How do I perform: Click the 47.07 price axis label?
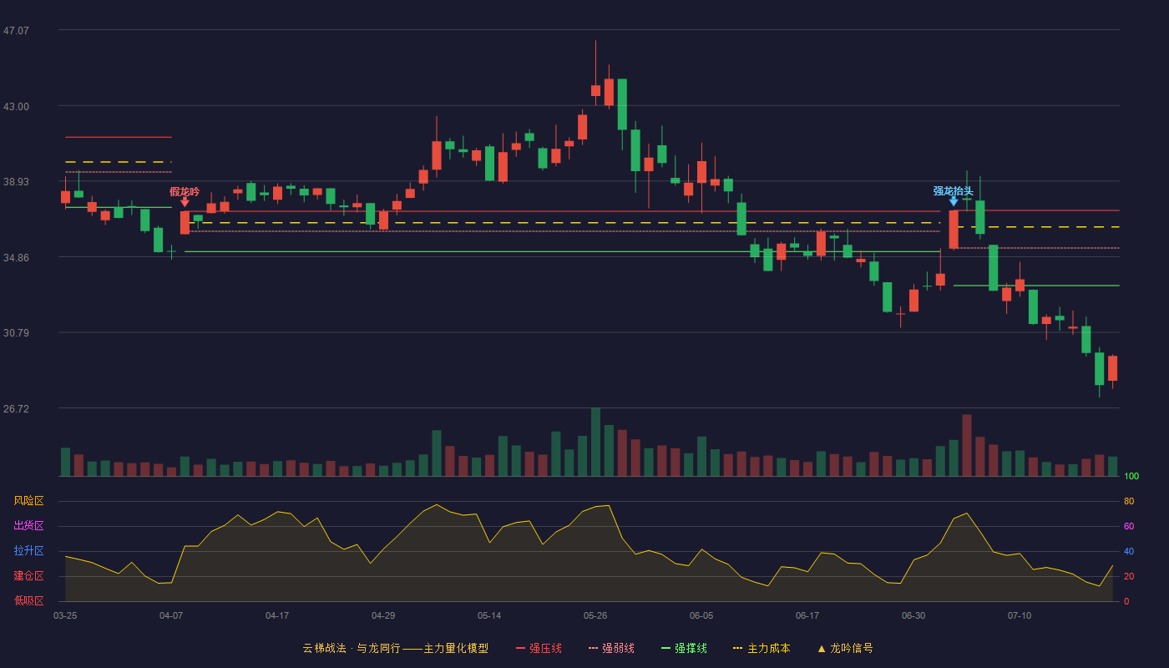pyautogui.click(x=16, y=31)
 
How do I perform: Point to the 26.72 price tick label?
pyautogui.click(x=16, y=408)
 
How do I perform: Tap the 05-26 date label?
pyautogui.click(x=595, y=616)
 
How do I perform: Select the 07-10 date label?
pyautogui.click(x=1020, y=616)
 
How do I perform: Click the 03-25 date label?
pyautogui.click(x=65, y=616)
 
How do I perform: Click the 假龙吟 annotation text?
pyautogui.click(x=185, y=191)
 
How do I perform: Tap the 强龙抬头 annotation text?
pyautogui.click(x=953, y=191)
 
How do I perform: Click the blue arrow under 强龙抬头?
pyautogui.click(x=954, y=201)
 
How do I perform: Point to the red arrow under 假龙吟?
pyautogui.click(x=185, y=202)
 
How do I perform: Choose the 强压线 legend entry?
pyautogui.click(x=539, y=648)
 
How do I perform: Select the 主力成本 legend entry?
pyautogui.click(x=762, y=648)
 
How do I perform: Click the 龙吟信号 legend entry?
pyautogui.click(x=845, y=648)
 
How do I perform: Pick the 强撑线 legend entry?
pyautogui.click(x=684, y=648)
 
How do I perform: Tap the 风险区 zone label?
pyautogui.click(x=28, y=501)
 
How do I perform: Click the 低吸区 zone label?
pyautogui.click(x=28, y=601)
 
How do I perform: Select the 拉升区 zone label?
pyautogui.click(x=28, y=551)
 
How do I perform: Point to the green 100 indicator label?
pyautogui.click(x=1131, y=476)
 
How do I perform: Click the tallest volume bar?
pyautogui.click(x=595, y=442)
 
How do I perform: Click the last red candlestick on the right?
pyautogui.click(x=1112, y=368)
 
